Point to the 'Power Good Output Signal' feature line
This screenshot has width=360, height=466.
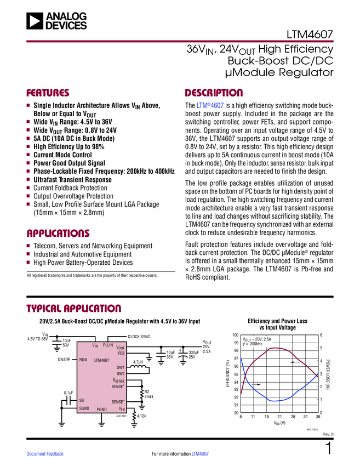tap(69, 163)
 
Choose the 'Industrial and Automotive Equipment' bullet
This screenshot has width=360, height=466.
tap(83, 254)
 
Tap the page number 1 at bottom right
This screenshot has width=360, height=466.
tap(329, 448)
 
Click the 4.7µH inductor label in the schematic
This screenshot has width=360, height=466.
tap(138, 362)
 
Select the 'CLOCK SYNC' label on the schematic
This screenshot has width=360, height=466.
tap(139, 336)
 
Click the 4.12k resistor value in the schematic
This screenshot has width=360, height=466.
tap(143, 417)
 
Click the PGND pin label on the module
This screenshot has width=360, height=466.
tap(102, 410)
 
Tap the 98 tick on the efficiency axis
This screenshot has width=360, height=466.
tap(236, 350)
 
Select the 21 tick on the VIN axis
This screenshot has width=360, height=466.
tap(279, 417)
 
